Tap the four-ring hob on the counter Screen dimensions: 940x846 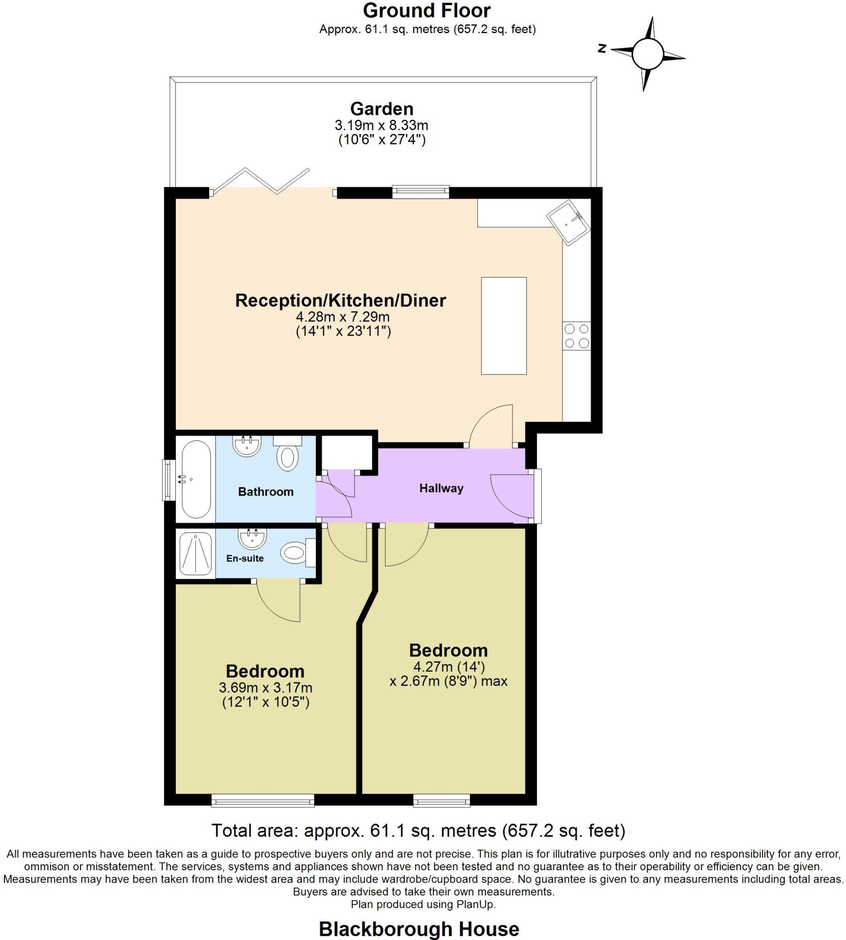(577, 336)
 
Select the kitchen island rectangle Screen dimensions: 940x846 (504, 325)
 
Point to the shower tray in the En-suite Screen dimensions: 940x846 (196, 554)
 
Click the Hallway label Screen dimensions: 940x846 (441, 488)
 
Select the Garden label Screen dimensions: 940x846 (381, 109)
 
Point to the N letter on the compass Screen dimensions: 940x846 (602, 48)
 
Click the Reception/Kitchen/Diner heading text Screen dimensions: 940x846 (340, 300)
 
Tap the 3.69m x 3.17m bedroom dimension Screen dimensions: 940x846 (265, 688)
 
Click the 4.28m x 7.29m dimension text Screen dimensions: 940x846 (342, 317)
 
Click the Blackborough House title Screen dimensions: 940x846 (419, 929)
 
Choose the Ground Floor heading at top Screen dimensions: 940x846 (426, 11)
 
